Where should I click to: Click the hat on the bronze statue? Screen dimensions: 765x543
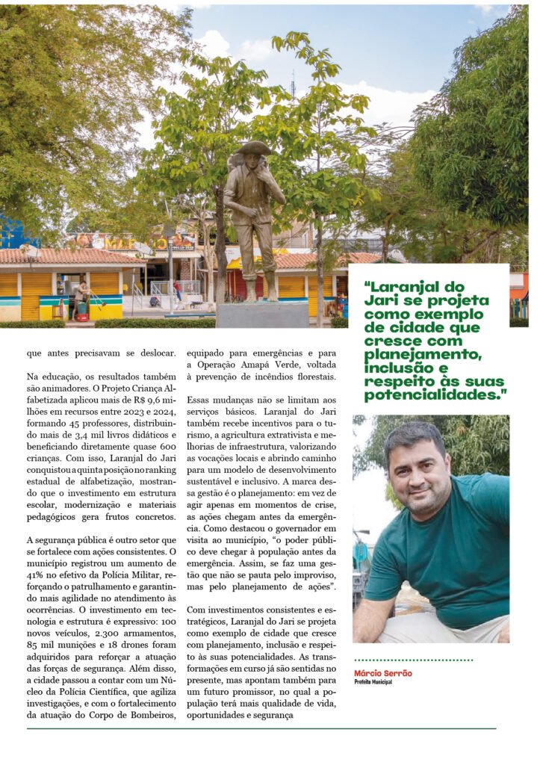[x=254, y=148]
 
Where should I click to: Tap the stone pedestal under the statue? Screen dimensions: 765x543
[x=262, y=315]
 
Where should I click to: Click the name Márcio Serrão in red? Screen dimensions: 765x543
[x=383, y=673]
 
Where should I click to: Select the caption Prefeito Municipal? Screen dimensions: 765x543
[x=373, y=682]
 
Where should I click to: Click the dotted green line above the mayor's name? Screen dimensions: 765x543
[x=413, y=660]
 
